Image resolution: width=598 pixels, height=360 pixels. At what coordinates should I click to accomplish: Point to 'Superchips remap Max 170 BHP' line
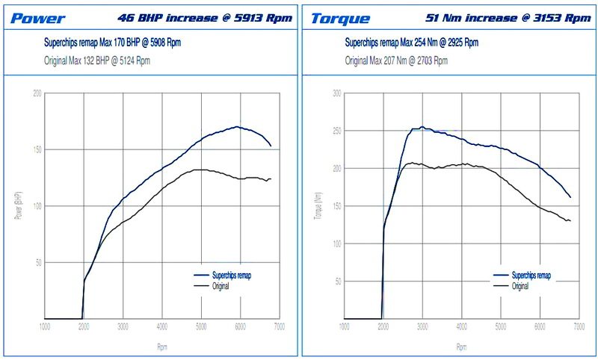112,43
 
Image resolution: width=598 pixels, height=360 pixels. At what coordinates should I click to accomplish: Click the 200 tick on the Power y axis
37,93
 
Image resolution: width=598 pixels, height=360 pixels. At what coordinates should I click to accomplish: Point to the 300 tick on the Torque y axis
336,93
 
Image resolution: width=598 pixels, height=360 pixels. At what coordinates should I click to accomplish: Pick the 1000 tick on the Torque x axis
345,327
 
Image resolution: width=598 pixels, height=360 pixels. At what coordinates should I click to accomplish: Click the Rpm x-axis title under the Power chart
162,347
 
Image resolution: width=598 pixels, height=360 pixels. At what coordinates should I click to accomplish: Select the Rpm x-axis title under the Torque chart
461,347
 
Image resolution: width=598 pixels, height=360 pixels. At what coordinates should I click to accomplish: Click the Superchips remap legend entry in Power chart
221,276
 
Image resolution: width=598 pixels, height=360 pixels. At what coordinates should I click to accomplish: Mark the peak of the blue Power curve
237,127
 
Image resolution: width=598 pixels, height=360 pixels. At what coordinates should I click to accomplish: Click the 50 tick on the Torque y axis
338,282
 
